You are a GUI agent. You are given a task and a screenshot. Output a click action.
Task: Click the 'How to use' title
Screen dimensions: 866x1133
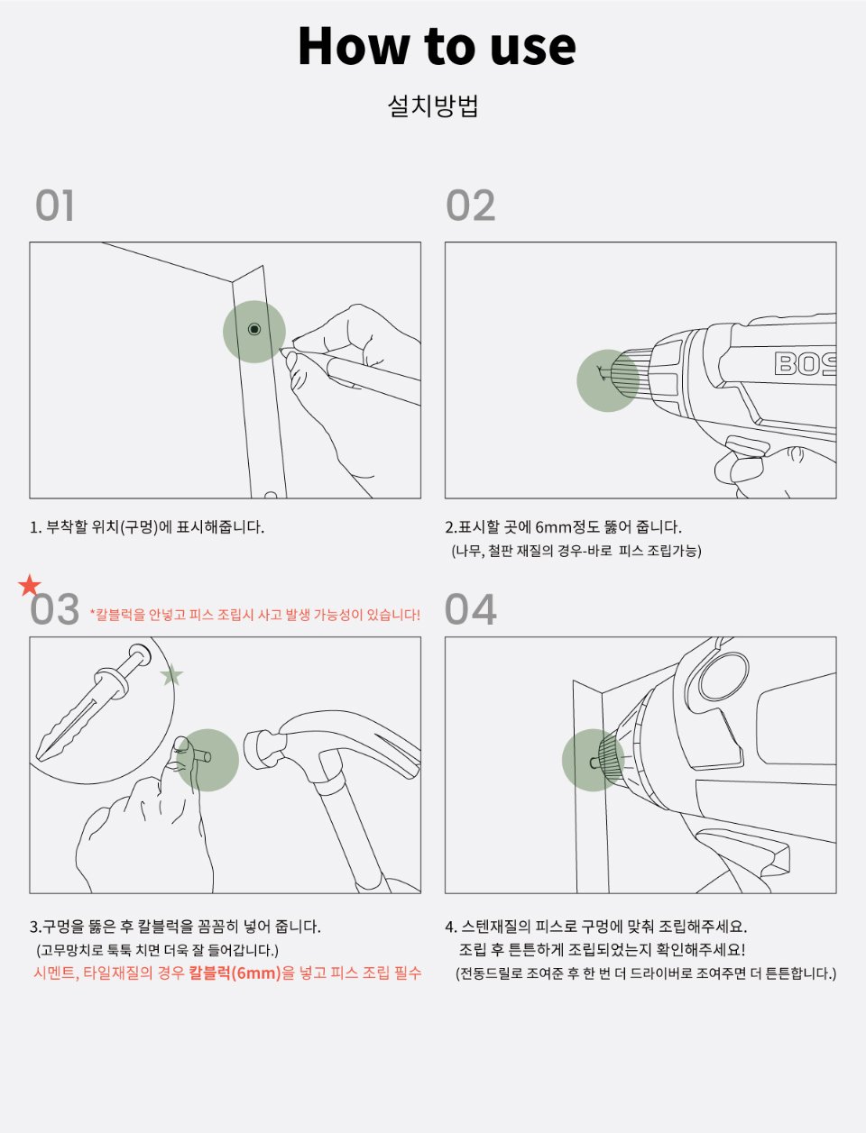437,46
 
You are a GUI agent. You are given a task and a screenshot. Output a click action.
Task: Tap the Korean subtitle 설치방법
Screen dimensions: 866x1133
433,106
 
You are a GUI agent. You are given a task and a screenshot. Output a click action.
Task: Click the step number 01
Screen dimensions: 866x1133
55,206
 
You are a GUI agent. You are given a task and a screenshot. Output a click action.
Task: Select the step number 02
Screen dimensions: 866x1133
471,206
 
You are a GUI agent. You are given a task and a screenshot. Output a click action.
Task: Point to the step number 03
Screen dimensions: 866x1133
55,609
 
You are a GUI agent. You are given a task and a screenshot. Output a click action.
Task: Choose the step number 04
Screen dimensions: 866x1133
471,609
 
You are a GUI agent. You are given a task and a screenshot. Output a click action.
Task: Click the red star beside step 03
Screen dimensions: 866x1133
30,585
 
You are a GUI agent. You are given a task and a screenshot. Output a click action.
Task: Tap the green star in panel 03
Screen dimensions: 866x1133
171,674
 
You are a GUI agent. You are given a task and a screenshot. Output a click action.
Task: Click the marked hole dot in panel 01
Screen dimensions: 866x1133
254,329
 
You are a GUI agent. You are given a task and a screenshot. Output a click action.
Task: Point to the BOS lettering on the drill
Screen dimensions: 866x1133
805,363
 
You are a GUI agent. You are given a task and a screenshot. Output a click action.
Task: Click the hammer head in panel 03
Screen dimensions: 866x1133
263,749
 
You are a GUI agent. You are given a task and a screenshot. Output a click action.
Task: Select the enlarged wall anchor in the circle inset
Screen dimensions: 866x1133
94,702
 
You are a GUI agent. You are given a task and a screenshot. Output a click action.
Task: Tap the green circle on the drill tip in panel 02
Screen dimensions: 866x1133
608,380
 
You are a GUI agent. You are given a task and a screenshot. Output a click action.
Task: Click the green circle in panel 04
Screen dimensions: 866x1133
593,760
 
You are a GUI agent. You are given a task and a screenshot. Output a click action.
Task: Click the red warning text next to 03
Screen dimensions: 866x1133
255,615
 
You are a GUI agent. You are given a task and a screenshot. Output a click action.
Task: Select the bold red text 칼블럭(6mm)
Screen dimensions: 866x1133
235,973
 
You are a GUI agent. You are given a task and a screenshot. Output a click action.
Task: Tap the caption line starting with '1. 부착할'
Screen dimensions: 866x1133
147,527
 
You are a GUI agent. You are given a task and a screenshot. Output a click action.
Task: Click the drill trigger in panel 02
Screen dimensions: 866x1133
746,446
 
